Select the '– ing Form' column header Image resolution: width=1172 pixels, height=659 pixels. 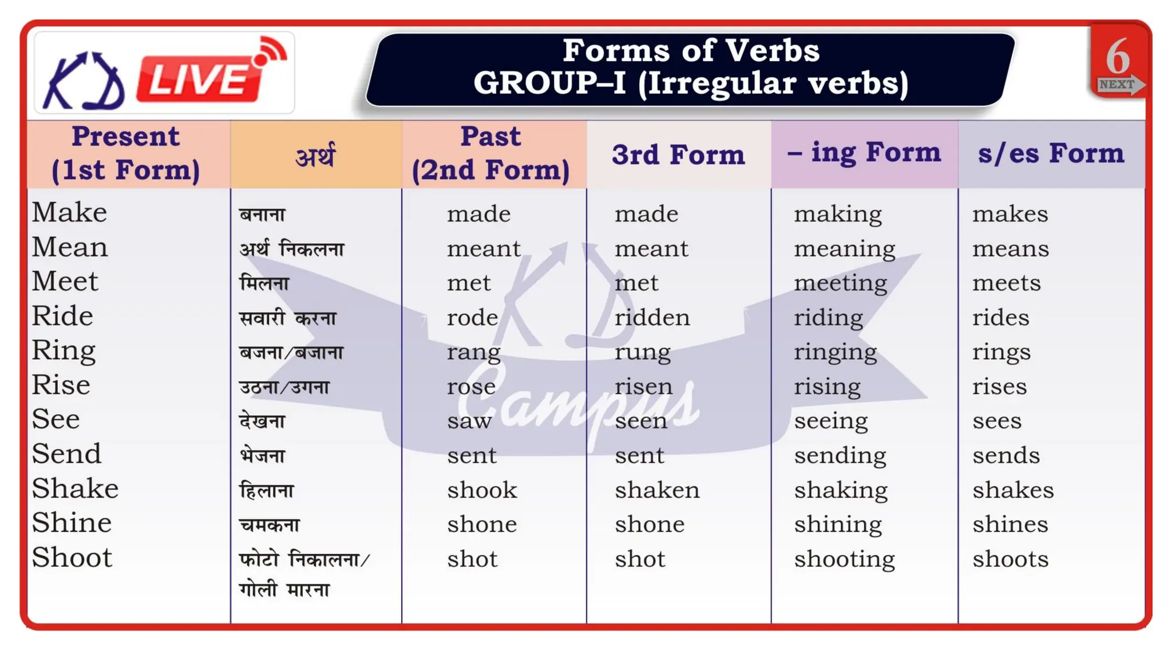click(864, 153)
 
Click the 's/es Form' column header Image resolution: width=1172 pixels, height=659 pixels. click(1051, 154)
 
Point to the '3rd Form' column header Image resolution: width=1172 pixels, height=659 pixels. click(678, 155)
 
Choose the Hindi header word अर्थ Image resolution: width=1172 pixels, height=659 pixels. click(315, 155)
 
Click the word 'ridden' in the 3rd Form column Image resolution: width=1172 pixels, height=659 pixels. click(652, 317)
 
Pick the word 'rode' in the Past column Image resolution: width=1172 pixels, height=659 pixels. click(472, 317)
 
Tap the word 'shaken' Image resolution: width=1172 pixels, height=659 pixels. click(657, 490)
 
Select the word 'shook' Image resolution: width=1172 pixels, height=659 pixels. click(482, 490)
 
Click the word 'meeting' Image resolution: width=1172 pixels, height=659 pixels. click(840, 283)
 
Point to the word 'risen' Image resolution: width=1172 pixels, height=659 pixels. click(643, 387)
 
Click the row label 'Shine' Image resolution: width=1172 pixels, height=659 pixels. click(72, 523)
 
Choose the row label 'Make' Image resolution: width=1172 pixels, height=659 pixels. click(69, 213)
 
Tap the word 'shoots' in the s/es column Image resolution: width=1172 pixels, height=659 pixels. click(1010, 559)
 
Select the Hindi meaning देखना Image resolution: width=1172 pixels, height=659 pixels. click(262, 422)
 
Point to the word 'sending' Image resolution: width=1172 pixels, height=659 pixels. click(840, 456)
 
